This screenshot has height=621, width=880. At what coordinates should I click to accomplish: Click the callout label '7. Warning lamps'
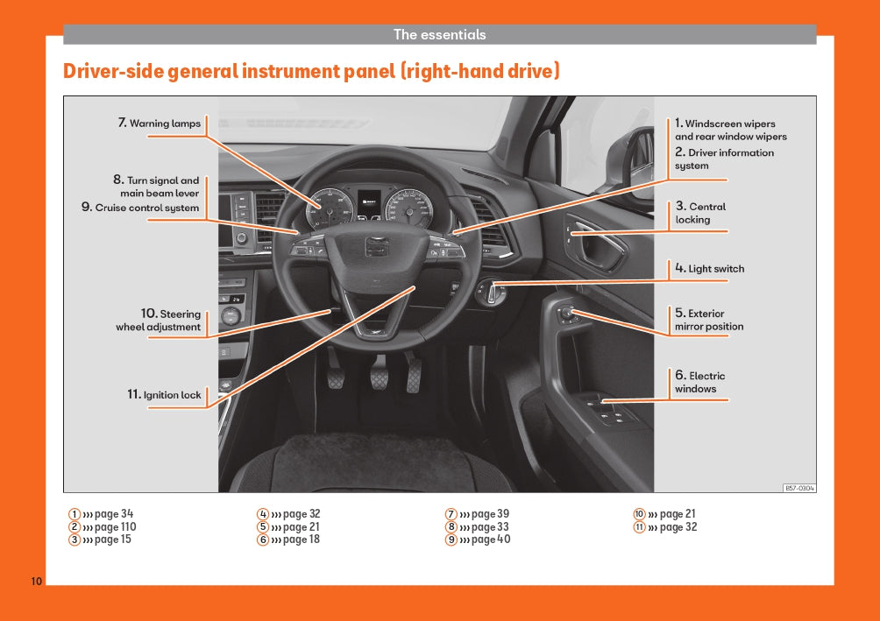pos(160,123)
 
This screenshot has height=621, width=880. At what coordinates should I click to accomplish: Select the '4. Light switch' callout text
pos(709,268)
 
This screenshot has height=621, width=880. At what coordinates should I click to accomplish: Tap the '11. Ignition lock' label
pos(164,395)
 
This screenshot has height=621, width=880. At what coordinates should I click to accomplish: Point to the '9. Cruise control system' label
pos(140,208)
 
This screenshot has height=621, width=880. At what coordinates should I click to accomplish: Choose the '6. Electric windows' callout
pos(699,382)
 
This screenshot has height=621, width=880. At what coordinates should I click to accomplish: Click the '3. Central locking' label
pos(700,213)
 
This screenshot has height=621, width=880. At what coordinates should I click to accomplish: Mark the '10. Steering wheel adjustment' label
pos(159,320)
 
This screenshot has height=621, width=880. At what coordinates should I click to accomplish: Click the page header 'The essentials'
pos(439,35)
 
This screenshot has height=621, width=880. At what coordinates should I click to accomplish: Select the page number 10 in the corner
pos(36,582)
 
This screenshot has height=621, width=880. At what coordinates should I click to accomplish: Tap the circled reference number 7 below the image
pos(451,514)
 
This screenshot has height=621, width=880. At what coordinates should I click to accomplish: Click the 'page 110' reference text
pos(115,527)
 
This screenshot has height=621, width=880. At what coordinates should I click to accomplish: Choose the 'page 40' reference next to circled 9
pos(491,540)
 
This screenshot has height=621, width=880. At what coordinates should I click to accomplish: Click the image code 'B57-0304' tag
pos(798,488)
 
